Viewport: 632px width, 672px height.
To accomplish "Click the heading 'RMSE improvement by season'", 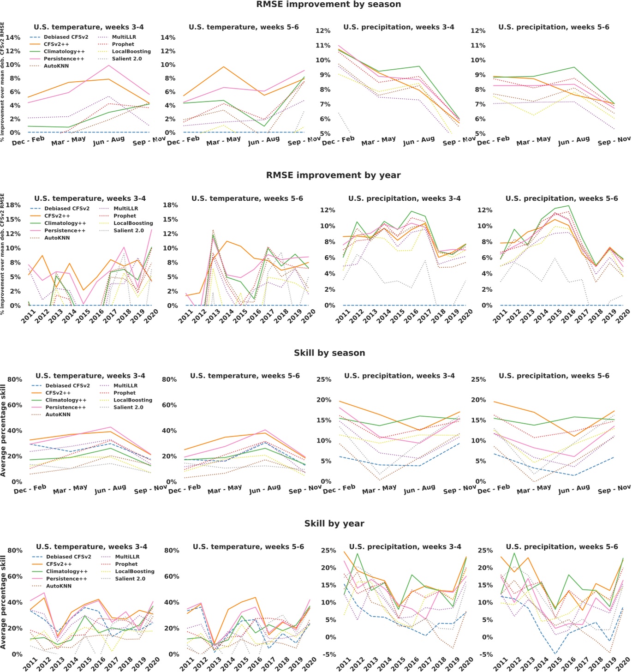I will coord(328,5).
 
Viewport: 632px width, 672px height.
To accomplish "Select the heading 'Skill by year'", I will coord(334,523).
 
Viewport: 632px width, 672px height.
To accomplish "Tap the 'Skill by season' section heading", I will coord(329,353).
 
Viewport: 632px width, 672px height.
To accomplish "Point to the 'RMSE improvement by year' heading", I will coord(333,175).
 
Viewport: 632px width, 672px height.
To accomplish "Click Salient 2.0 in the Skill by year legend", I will coord(130,579).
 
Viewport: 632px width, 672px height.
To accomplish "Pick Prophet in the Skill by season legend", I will coord(125,393).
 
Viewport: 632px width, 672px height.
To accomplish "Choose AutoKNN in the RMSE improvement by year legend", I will coord(57,238).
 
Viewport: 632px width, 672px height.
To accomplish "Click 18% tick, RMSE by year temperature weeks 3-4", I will coord(12,205).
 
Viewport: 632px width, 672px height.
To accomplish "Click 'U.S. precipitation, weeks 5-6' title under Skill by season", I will coord(554,376).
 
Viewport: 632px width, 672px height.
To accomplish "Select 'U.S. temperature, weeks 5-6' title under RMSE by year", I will coord(247,198).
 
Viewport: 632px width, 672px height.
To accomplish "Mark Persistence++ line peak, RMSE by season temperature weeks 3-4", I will coord(108,65).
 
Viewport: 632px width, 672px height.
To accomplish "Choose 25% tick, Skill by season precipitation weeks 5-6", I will coord(478,379).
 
